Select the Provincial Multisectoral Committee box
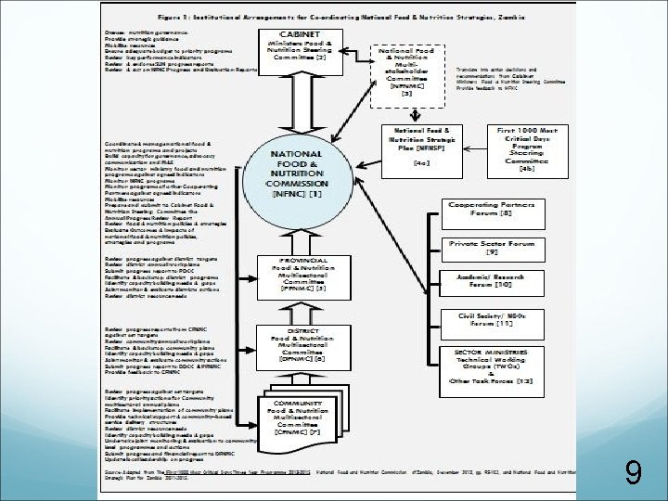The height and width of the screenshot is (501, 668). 299,276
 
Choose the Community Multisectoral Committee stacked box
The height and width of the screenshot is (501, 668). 297,417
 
